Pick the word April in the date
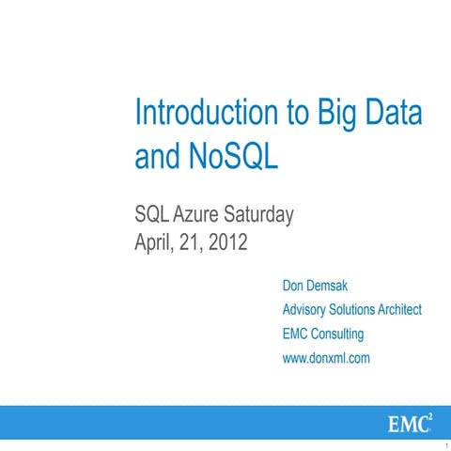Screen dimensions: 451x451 pos(156,243)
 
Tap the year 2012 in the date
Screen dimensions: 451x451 pos(225,243)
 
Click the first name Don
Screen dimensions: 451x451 pos(295,285)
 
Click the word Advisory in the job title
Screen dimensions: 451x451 pos(306,309)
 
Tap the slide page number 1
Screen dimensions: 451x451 pos(444,445)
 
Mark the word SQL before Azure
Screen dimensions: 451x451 pos(153,215)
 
